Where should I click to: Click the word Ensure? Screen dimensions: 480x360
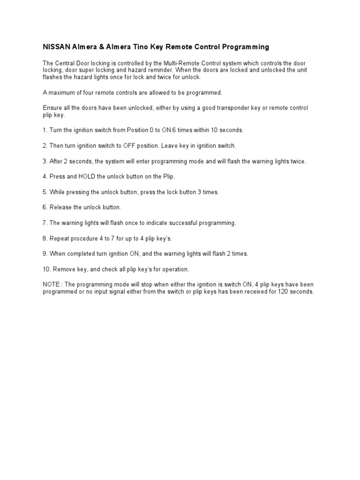(x=52, y=108)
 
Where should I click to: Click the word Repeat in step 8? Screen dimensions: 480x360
(x=59, y=238)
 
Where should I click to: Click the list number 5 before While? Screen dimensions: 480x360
(x=45, y=192)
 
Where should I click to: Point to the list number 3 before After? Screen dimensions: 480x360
(x=45, y=161)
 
